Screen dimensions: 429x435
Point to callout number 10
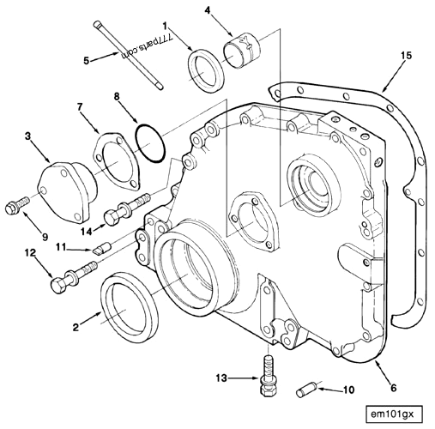coord(348,390)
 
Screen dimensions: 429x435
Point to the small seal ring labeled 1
coord(205,69)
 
